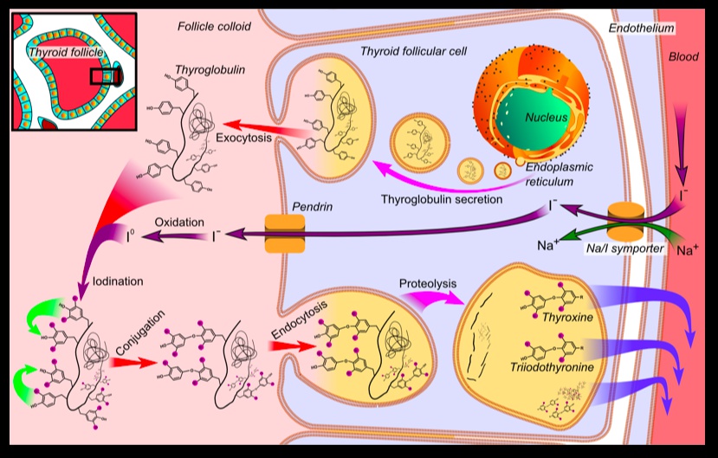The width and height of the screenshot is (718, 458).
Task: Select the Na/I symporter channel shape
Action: tap(623, 223)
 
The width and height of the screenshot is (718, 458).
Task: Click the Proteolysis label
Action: tap(427, 282)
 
